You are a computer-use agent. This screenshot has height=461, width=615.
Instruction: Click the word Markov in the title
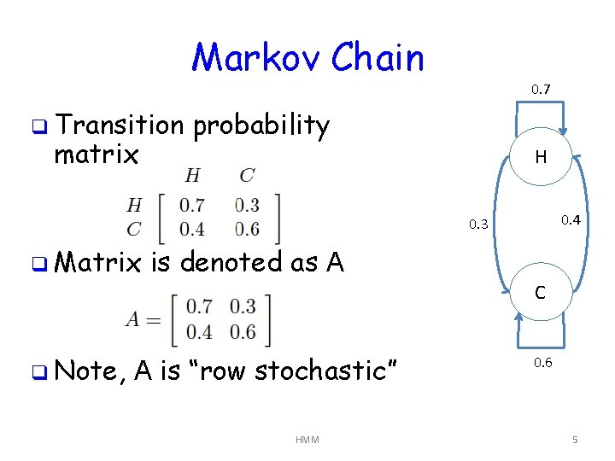(x=254, y=58)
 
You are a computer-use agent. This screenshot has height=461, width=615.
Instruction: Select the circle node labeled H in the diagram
(x=541, y=157)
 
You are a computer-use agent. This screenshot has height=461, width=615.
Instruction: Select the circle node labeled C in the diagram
(x=541, y=293)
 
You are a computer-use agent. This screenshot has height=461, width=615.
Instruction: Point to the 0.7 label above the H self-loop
(x=541, y=89)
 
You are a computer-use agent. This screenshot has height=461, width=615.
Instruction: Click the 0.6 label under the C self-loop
(x=543, y=363)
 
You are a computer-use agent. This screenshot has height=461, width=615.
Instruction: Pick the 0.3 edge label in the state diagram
(x=479, y=225)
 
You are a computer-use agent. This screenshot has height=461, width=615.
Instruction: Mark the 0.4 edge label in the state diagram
(x=571, y=220)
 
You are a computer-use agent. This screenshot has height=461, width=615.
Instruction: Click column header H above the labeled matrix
(x=193, y=176)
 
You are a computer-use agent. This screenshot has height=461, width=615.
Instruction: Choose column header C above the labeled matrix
(x=247, y=176)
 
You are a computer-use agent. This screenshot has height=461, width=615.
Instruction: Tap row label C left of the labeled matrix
(x=134, y=229)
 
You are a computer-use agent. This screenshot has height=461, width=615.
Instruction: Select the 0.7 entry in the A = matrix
(x=199, y=306)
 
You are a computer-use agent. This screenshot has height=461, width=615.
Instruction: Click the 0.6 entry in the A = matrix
(x=243, y=331)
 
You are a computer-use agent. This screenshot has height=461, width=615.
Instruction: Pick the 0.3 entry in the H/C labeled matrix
(x=247, y=205)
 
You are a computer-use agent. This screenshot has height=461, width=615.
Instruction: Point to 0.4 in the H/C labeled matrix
(x=193, y=229)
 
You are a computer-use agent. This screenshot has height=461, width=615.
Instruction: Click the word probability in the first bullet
(x=261, y=127)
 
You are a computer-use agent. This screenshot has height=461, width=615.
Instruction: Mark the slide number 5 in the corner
(x=575, y=440)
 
